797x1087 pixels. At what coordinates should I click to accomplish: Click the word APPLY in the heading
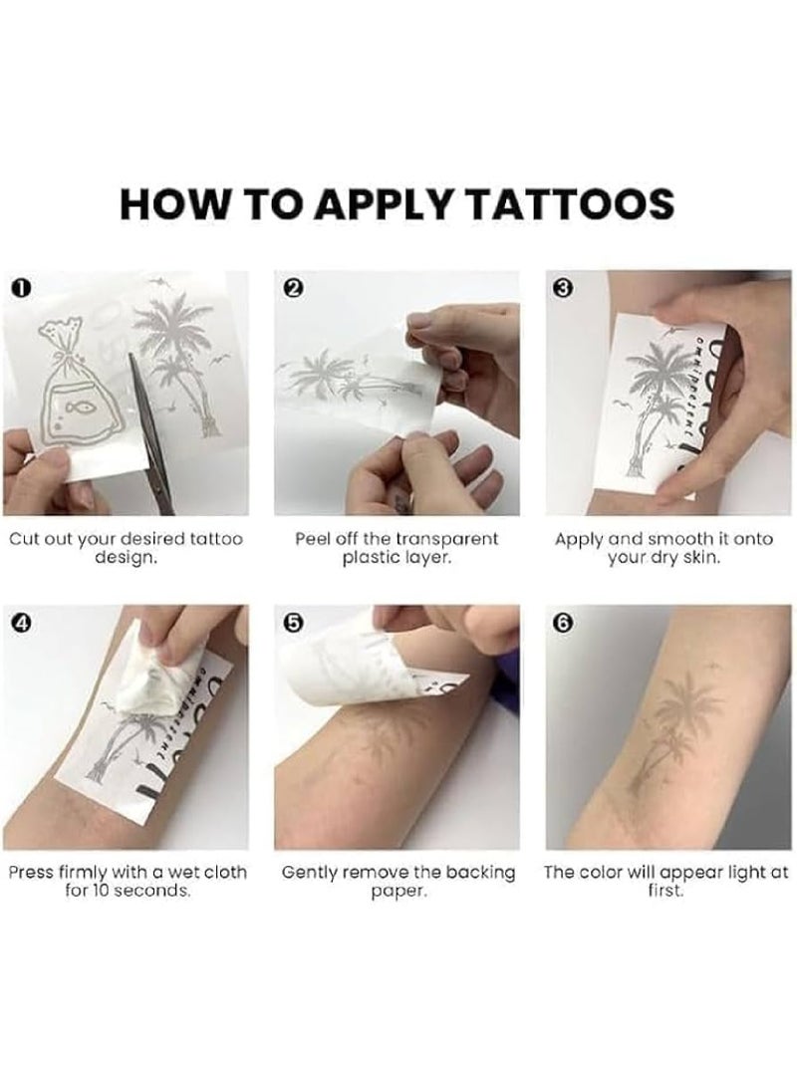pyautogui.click(x=389, y=203)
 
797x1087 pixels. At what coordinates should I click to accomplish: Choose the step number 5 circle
pyautogui.click(x=294, y=622)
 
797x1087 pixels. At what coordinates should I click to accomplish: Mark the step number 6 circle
pyautogui.click(x=565, y=622)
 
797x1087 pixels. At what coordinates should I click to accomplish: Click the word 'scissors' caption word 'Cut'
pyautogui.click(x=24, y=539)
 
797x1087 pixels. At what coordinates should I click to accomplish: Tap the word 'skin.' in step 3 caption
pyautogui.click(x=700, y=557)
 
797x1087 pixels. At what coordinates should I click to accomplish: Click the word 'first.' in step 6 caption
pyautogui.click(x=665, y=890)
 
